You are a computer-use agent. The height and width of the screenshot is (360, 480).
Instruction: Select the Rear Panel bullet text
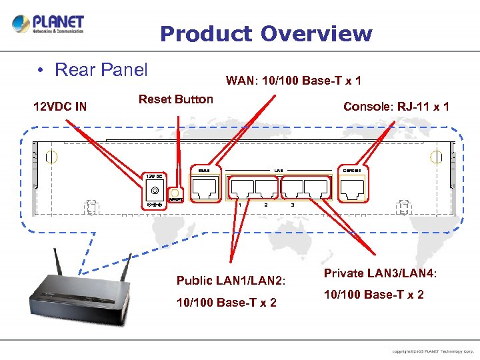click(101, 69)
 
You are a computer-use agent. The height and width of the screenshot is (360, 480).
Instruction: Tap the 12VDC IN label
click(60, 106)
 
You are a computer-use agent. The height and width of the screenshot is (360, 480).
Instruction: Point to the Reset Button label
click(175, 99)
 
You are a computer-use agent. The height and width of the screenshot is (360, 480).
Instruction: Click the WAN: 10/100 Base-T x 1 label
click(293, 81)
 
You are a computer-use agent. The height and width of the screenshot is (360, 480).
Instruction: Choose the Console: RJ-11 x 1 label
click(396, 106)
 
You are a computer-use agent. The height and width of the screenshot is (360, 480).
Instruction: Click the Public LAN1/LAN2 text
click(231, 280)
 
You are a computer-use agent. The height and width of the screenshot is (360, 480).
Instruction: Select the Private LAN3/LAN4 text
click(380, 273)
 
